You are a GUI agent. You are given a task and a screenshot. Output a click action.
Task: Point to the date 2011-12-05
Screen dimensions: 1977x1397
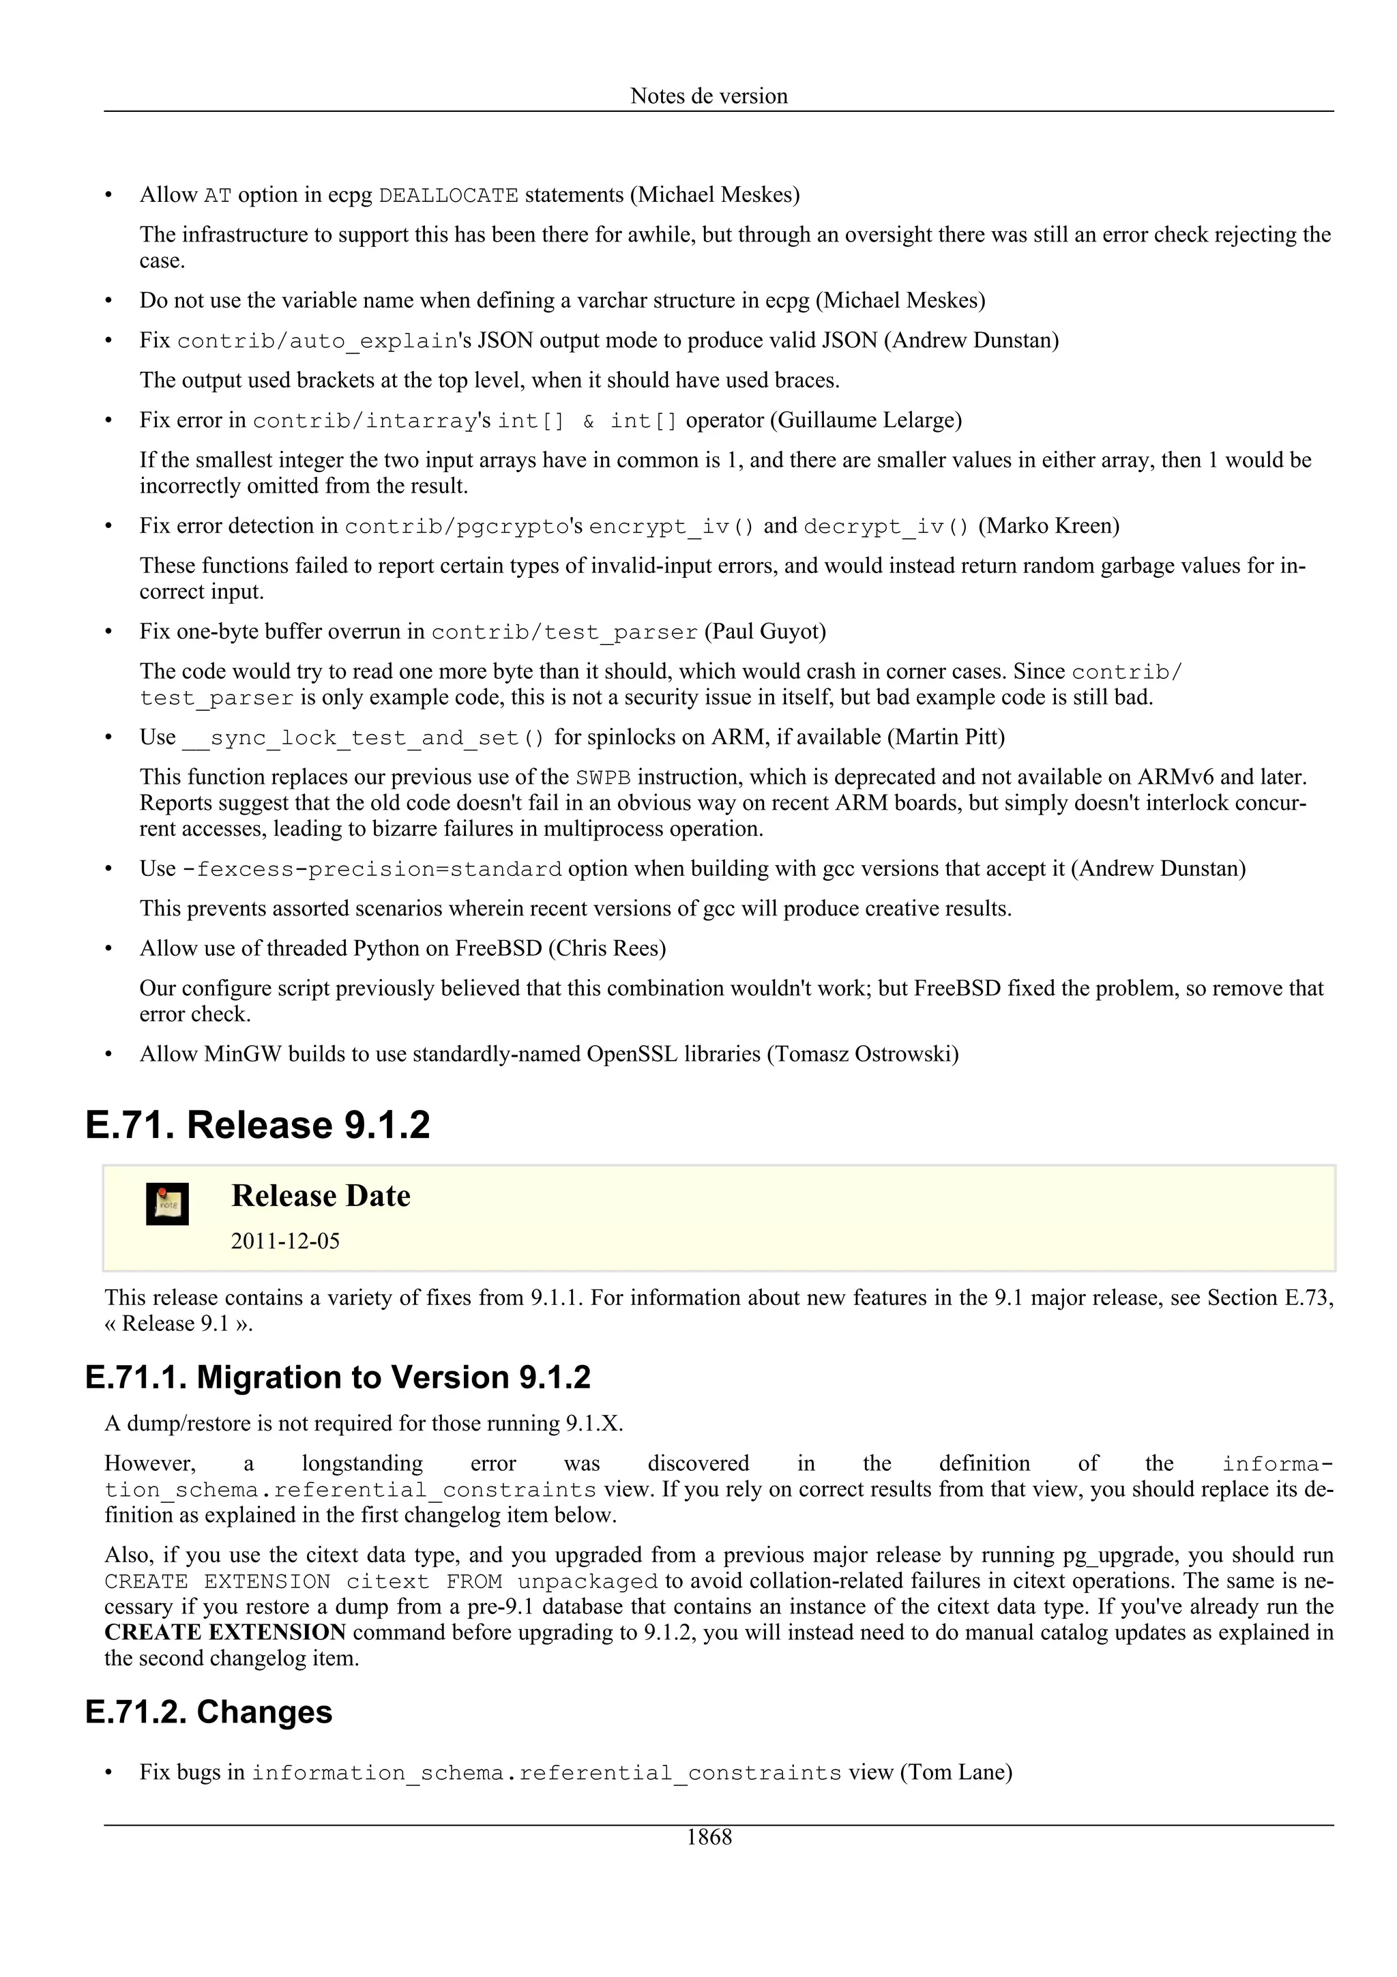coord(285,1241)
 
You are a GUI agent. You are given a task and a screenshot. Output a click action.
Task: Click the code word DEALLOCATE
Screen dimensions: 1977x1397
coord(448,196)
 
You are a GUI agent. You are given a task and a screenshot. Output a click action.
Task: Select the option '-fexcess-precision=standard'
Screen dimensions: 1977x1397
coord(372,869)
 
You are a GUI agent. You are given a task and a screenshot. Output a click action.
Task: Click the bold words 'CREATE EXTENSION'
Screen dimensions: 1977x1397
coord(226,1632)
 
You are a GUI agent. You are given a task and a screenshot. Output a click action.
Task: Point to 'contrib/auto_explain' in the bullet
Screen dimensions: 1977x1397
coord(317,341)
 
